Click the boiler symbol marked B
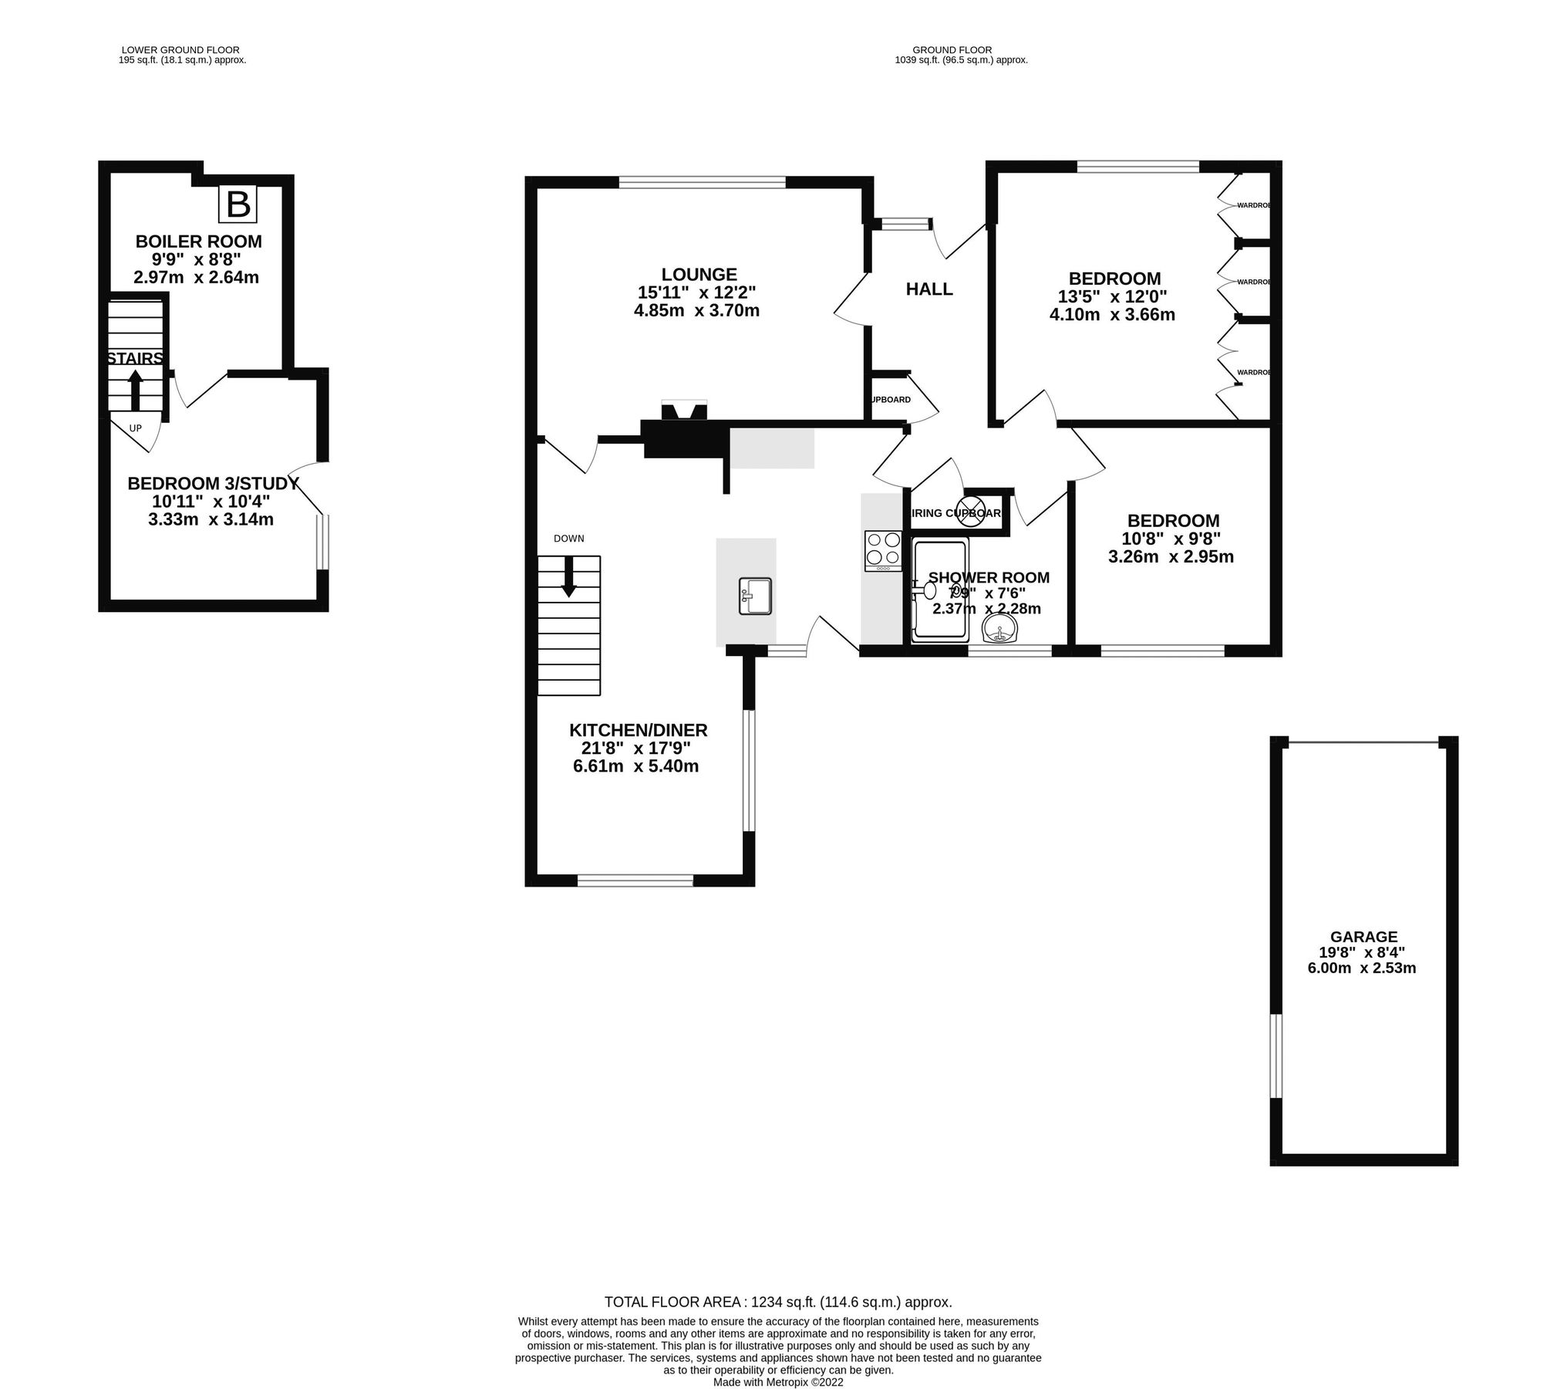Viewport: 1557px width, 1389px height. (238, 204)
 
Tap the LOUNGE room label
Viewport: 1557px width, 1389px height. (699, 274)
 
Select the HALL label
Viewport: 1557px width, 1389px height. (928, 289)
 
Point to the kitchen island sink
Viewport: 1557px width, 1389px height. (755, 596)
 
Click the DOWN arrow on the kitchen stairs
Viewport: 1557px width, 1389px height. (568, 576)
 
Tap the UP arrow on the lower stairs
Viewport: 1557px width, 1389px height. (135, 390)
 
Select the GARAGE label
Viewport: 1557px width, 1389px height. (1363, 937)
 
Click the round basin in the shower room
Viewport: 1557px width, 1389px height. (1001, 630)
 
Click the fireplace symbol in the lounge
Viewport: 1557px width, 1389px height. (684, 412)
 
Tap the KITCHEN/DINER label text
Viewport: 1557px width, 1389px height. (638, 730)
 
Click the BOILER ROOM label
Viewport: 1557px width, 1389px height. (198, 242)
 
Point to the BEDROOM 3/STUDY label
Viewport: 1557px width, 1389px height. (213, 484)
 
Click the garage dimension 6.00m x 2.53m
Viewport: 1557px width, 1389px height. (1361, 968)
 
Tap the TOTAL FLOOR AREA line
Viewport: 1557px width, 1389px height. (778, 1302)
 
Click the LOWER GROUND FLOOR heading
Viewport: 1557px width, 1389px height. (180, 50)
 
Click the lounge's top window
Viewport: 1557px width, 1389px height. (702, 183)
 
